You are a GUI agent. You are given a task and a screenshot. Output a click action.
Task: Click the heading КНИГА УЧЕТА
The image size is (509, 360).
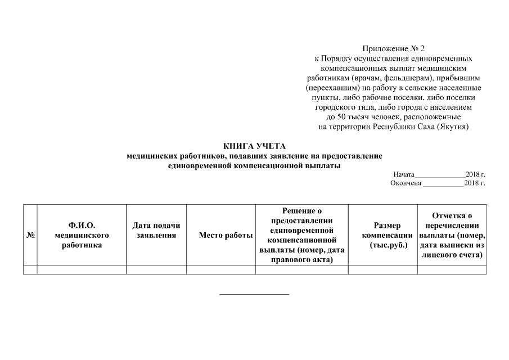(255, 146)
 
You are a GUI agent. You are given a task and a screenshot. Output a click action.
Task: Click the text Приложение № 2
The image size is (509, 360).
(393, 49)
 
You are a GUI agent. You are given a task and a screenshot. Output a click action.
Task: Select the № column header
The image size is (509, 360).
(30, 235)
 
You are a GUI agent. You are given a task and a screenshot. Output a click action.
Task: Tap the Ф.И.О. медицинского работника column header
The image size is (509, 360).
(82, 235)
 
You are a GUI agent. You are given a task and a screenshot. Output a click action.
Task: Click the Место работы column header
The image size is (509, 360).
(220, 235)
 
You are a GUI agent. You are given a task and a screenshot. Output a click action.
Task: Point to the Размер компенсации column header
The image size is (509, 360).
(383, 235)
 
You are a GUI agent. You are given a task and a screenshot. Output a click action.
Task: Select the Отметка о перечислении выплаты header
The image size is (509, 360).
(452, 235)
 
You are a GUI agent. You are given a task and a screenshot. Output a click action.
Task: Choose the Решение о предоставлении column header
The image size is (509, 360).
(302, 235)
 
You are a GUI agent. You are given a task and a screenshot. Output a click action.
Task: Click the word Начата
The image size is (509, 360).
(404, 174)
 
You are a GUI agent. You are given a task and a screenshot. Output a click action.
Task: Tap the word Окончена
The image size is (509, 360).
(406, 183)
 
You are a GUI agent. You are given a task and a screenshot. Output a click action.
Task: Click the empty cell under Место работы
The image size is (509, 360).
(220, 270)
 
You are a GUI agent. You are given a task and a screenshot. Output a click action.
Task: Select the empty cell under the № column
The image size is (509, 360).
(30, 270)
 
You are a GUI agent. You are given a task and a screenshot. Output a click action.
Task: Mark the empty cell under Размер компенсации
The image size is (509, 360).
(383, 270)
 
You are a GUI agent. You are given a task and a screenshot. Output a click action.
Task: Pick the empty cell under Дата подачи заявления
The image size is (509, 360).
(156, 270)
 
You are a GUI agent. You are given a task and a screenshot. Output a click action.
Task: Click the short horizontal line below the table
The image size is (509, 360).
(254, 294)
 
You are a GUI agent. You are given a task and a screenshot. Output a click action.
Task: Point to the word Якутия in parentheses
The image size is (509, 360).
(452, 127)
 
